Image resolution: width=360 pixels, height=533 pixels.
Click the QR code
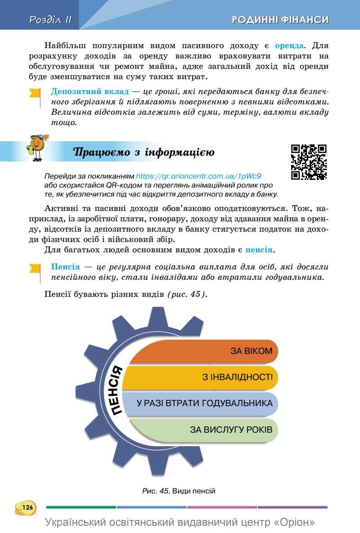click(309, 162)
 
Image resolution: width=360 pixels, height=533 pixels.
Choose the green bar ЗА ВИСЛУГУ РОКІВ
click(202, 429)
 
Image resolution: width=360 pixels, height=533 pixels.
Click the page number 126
click(26, 507)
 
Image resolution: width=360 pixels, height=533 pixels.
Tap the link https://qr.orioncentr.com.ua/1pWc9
click(198, 176)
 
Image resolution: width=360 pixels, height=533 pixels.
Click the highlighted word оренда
click(289, 46)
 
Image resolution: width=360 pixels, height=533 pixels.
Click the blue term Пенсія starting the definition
click(66, 267)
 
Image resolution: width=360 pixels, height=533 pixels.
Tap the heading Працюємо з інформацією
click(144, 152)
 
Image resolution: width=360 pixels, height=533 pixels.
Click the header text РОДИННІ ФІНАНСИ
click(280, 19)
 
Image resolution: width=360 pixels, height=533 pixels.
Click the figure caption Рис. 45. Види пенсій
click(179, 491)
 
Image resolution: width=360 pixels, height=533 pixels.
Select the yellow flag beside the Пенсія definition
click(35, 269)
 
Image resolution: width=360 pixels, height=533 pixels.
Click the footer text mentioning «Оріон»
click(180, 523)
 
